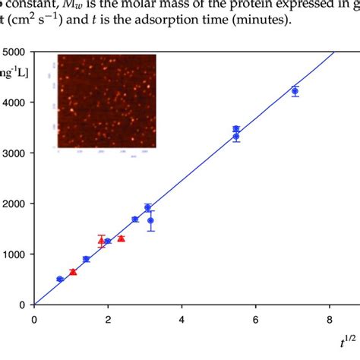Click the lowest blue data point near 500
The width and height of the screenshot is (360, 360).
point(60,279)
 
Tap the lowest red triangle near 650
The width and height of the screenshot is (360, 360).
point(73,272)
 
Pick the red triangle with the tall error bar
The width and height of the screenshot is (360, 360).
point(102,241)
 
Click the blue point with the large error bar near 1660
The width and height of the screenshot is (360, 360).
point(151,220)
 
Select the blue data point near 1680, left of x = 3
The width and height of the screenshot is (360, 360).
point(135,219)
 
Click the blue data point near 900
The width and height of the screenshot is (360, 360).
point(86,259)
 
